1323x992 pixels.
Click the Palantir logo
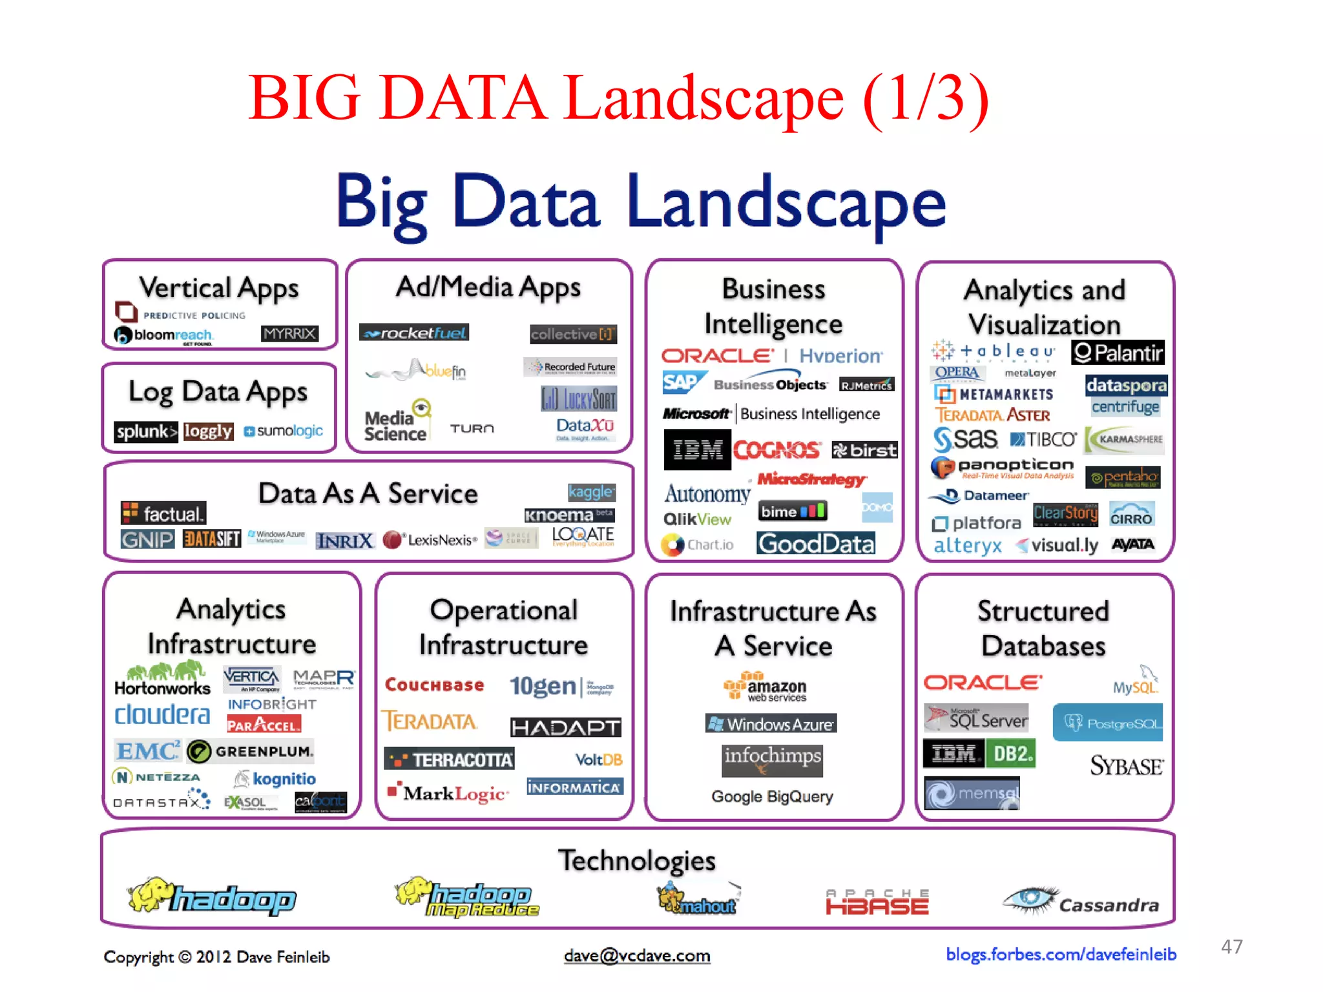pos(1118,353)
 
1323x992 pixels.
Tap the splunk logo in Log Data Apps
pos(145,431)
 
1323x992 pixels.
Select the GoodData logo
pos(816,544)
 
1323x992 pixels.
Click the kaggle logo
pos(591,492)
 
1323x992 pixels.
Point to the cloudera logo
pos(162,715)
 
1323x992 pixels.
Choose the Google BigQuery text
pos(772,796)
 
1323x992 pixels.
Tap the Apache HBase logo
pos(877,902)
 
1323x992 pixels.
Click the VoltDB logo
pos(599,759)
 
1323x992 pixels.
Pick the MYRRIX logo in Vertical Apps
pos(289,333)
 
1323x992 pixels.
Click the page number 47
pos(1231,947)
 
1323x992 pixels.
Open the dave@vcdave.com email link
pos(637,956)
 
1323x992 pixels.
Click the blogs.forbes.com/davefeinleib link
pos(1061,955)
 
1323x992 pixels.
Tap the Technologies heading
pos(637,860)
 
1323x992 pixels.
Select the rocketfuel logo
pos(414,333)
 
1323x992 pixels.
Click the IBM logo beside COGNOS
pos(697,449)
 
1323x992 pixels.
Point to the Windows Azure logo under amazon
pos(771,724)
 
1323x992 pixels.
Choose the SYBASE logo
pos(1127,766)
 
